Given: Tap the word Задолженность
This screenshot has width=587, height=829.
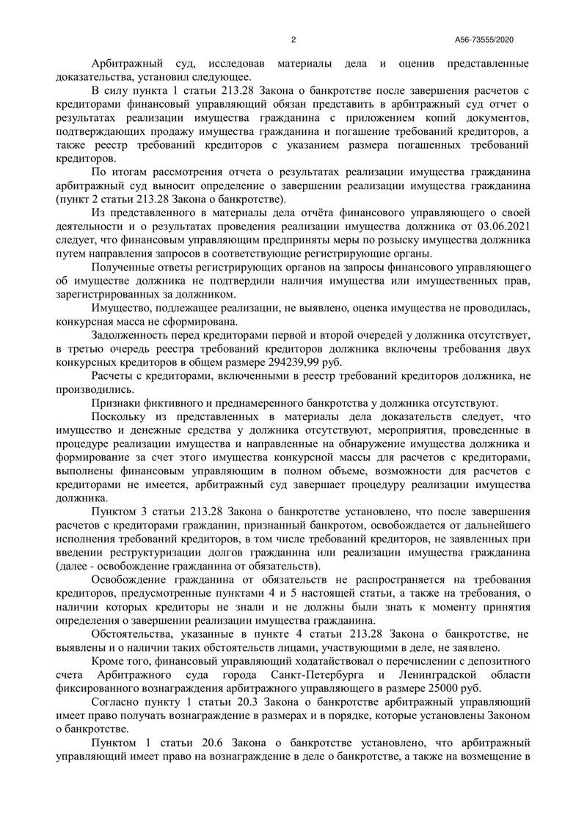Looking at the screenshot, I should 132,336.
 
